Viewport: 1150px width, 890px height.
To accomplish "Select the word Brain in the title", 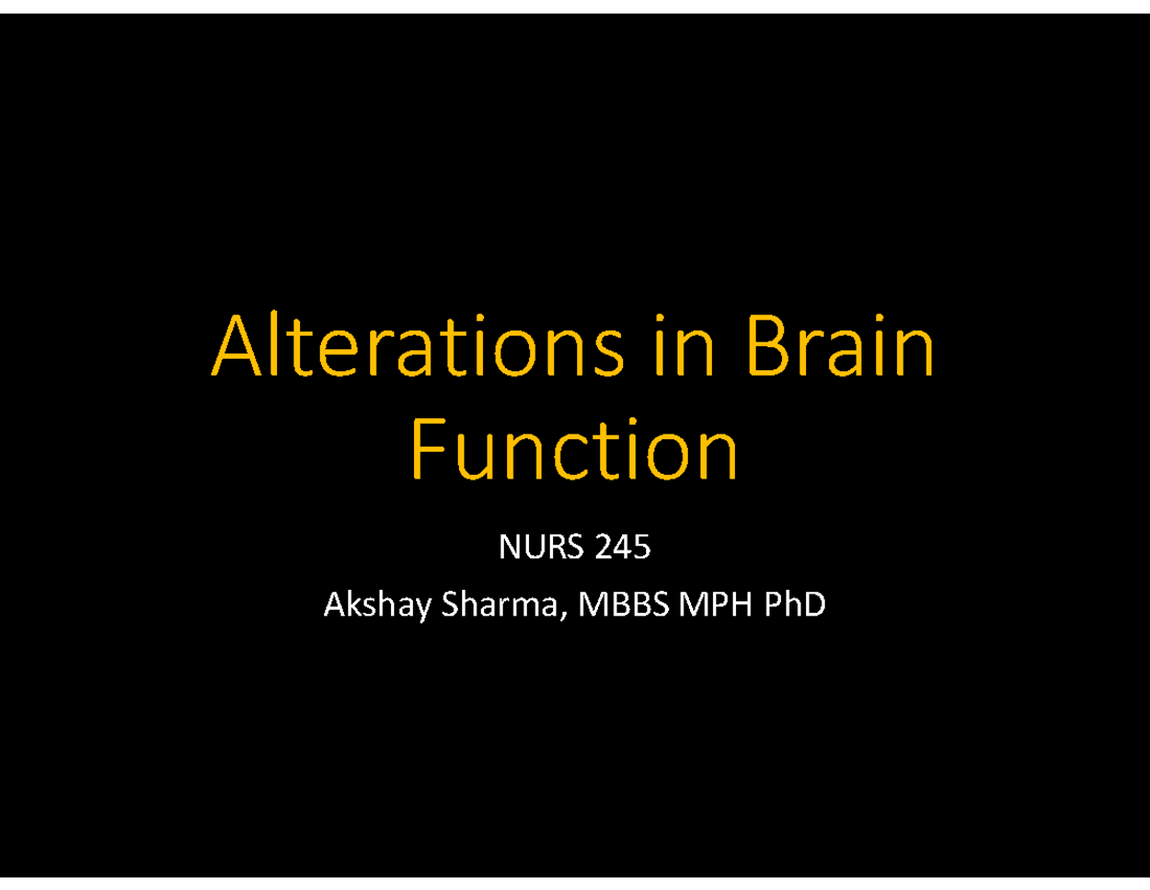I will coord(839,347).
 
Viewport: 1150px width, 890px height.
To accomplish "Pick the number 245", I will coord(622,549).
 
